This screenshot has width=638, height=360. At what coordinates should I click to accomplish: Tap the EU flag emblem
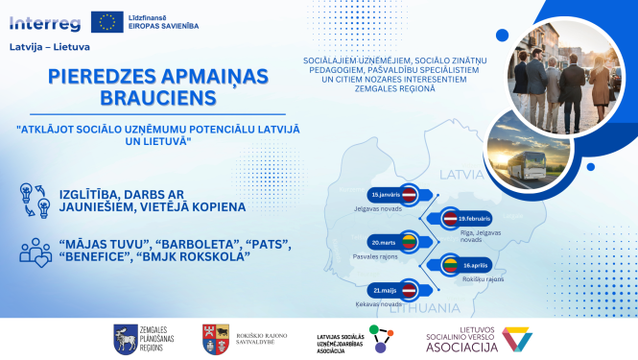[106, 20]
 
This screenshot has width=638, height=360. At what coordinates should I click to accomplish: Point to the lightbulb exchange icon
[35, 200]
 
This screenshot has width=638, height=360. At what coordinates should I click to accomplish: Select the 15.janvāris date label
[383, 193]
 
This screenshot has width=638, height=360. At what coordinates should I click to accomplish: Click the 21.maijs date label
[386, 288]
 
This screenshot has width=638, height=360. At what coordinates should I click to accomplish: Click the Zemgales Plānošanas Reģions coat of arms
[126, 337]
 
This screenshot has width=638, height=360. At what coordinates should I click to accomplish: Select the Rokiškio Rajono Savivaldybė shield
[212, 337]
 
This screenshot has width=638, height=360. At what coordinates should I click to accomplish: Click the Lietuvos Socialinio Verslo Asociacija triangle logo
[517, 338]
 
